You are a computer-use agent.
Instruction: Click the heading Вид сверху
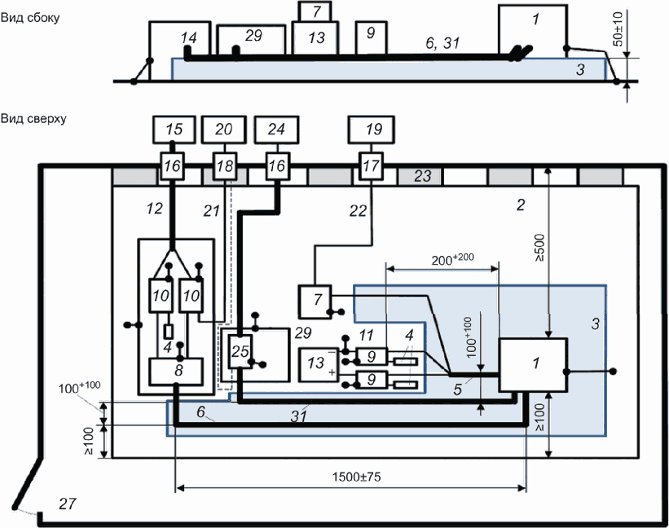click(x=33, y=118)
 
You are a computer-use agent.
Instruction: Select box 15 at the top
click(x=174, y=129)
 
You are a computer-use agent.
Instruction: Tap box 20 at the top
click(x=224, y=129)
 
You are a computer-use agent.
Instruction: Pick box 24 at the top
click(x=275, y=129)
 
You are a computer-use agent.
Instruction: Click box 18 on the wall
click(x=224, y=166)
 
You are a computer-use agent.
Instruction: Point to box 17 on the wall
click(x=371, y=166)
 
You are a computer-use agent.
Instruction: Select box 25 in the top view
click(x=240, y=352)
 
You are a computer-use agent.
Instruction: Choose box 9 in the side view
click(x=371, y=33)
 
